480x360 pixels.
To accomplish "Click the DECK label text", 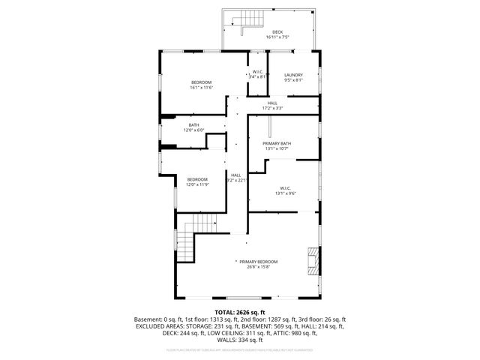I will click(277, 31).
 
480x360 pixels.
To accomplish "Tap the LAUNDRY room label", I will click(293, 75).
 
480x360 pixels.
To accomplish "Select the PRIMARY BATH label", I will click(277, 142).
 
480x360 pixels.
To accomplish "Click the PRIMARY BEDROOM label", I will click(259, 261).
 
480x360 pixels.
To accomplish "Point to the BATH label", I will click(194, 124).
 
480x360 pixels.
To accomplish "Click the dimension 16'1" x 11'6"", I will click(201, 88).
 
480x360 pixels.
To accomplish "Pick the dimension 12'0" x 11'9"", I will click(197, 184).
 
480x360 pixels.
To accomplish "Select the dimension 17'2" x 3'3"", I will click(272, 108).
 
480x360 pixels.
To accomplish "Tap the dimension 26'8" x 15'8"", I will click(259, 266).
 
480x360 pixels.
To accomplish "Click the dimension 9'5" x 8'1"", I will click(293, 80).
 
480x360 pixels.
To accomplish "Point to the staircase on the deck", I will click(240, 22).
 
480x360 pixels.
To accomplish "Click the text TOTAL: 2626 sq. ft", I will click(240, 311).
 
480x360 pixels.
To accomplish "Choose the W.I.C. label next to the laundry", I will click(258, 71).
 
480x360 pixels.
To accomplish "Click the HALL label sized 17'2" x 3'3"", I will click(272, 103).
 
